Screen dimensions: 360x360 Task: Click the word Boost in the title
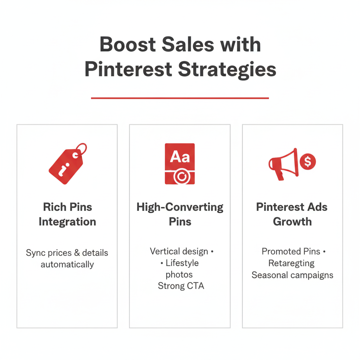[128, 44]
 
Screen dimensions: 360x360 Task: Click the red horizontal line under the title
[180, 98]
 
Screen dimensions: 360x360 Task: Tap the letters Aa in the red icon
[180, 157]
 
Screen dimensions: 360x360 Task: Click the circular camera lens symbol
[182, 176]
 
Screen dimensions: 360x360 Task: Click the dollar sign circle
[308, 161]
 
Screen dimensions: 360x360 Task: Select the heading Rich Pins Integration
[67, 214]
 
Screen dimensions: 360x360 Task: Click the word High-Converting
[180, 207]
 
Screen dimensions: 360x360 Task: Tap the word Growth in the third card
[292, 222]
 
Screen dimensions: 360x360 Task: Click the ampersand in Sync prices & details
[77, 253]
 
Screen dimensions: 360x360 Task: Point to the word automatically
[67, 264]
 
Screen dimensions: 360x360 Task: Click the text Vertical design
[179, 251]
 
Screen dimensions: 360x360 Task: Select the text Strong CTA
[181, 286]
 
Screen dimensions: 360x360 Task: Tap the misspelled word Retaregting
[291, 263]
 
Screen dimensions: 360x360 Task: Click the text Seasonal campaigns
[292, 275]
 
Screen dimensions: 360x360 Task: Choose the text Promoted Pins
[291, 251]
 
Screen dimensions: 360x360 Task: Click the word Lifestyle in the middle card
[182, 263]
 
